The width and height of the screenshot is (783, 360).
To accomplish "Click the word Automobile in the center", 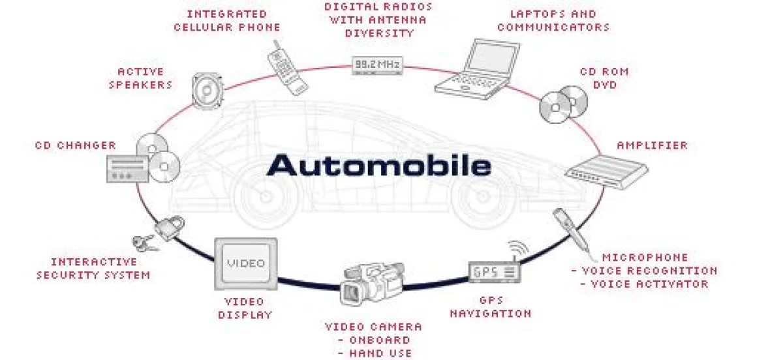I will coord(378,165).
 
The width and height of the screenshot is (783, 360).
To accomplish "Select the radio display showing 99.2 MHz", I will coord(378,65).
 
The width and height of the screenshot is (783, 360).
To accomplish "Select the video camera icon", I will coord(369,281).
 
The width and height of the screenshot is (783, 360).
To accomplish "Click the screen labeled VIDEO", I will coord(245,263).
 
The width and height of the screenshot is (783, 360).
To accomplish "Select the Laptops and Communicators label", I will coord(553,21).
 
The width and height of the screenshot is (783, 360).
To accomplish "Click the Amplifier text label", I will coord(652,145).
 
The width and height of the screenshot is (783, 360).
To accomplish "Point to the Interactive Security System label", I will coord(93,268).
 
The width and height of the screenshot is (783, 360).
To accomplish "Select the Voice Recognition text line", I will coord(643,271).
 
